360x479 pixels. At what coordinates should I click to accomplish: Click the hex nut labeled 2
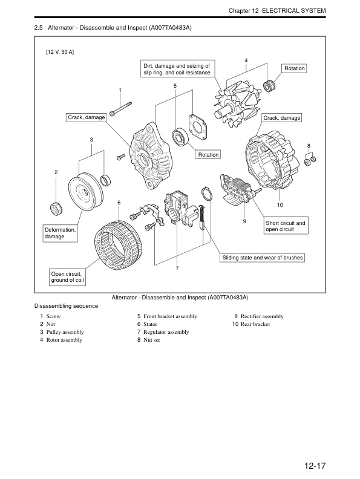(56, 208)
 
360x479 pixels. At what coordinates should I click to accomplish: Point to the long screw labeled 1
(120, 109)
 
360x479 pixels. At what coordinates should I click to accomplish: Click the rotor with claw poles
(237, 103)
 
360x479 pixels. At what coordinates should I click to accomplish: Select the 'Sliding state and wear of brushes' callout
(262, 258)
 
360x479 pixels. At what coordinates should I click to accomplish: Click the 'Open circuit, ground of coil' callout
(67, 277)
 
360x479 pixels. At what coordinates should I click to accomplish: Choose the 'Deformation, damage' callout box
(61, 233)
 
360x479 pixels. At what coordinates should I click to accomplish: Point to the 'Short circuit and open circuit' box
(286, 226)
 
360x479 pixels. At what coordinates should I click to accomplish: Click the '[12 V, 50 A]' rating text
(60, 52)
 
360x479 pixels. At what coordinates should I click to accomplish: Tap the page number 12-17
(315, 466)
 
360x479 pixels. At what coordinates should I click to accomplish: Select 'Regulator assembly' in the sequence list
(166, 332)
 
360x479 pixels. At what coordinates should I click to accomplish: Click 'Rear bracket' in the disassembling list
(255, 324)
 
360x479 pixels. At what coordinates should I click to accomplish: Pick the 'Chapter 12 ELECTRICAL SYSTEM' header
(277, 11)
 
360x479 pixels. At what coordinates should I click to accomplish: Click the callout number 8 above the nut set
(309, 146)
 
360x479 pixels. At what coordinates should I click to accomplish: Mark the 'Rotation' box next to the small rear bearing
(294, 68)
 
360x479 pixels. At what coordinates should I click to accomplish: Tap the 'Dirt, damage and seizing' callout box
(177, 69)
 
